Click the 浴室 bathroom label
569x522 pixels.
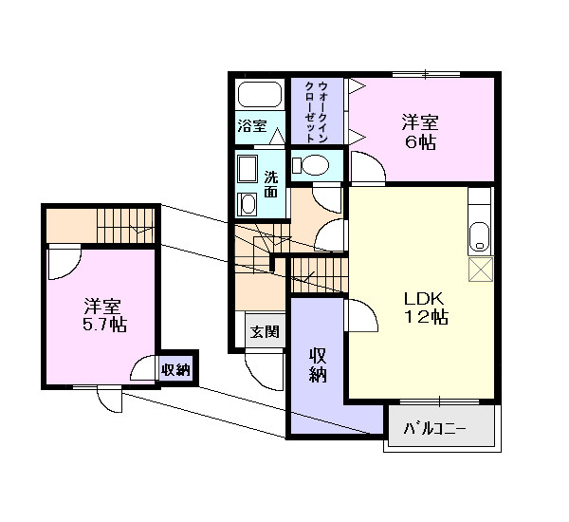tap(251, 125)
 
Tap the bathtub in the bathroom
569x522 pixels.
tap(259, 95)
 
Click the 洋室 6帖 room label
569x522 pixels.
tap(418, 132)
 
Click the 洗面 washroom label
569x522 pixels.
tap(271, 183)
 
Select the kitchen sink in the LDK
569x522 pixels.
tap(480, 234)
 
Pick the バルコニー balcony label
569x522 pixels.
tap(435, 428)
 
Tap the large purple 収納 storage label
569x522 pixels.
tap(318, 364)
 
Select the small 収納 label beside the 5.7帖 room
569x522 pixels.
tap(175, 369)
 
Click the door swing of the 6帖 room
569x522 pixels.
tap(368, 169)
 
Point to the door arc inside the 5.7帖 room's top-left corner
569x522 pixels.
tap(63, 260)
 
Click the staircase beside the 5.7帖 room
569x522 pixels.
tap(126, 225)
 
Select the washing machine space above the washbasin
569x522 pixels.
tap(248, 169)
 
